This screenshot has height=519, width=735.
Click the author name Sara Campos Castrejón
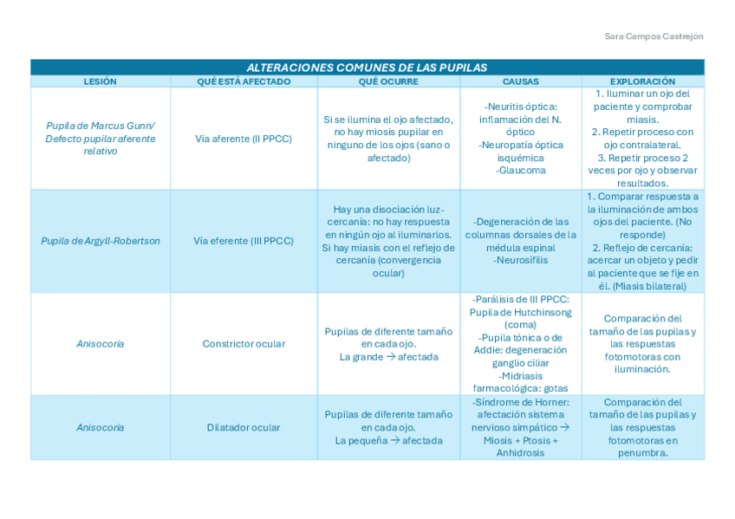click(654, 36)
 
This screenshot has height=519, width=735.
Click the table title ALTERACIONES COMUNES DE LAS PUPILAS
click(367, 68)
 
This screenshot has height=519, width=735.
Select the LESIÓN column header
click(100, 81)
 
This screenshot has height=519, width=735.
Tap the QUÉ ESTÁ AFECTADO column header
click(244, 81)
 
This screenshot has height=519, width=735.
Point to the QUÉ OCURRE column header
click(388, 81)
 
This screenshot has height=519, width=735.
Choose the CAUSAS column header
click(520, 81)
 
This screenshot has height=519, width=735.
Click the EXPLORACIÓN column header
click(642, 81)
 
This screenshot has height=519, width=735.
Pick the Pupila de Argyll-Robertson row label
click(100, 241)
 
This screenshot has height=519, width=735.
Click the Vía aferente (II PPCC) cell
click(244, 139)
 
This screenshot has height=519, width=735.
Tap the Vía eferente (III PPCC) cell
click(244, 241)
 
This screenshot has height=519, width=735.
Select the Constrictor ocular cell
click(244, 344)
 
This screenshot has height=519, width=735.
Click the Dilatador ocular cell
click(244, 427)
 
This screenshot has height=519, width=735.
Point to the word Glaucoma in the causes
click(521, 171)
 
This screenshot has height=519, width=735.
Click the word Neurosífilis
click(521, 260)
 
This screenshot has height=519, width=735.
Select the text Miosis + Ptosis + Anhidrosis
click(520, 447)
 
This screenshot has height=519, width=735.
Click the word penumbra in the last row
click(642, 453)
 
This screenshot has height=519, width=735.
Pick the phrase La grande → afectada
click(388, 357)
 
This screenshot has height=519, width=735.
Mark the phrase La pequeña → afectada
click(388, 440)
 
